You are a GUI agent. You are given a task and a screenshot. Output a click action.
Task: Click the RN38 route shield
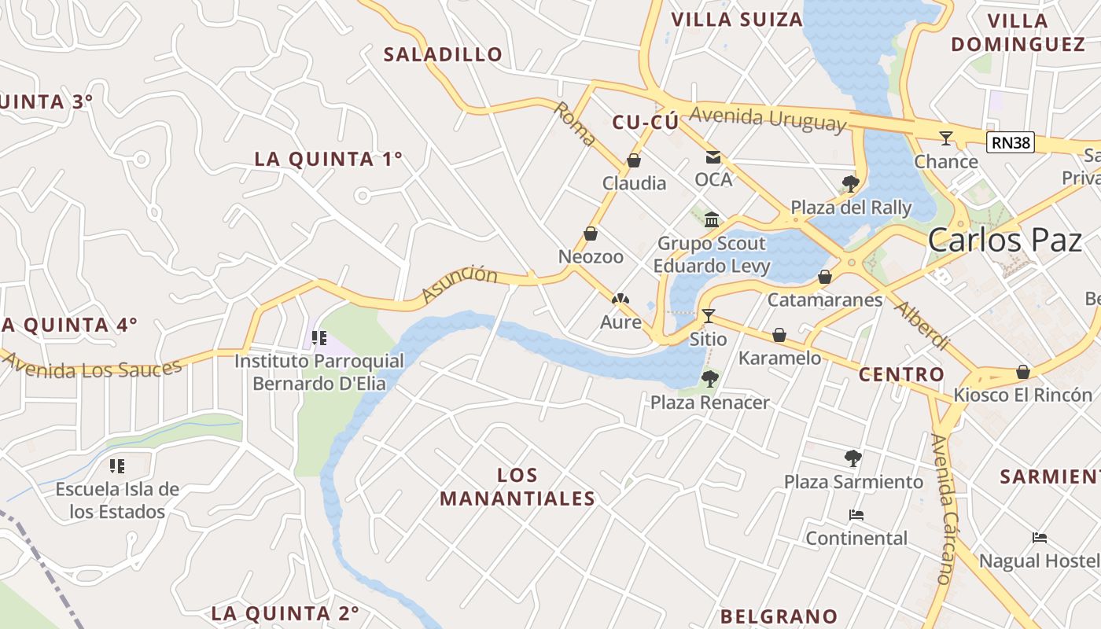1010,142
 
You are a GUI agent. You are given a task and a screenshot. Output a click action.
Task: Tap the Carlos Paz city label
1005,240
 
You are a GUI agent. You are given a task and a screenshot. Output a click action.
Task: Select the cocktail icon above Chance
945,138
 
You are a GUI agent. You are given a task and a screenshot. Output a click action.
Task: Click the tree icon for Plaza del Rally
850,184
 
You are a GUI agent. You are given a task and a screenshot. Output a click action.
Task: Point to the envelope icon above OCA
713,157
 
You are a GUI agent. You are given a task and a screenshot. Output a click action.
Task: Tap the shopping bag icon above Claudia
634,160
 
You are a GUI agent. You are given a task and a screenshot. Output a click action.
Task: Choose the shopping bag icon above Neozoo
591,234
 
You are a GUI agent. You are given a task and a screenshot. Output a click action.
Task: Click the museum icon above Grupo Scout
713,219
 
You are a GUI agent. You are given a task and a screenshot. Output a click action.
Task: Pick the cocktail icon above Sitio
709,316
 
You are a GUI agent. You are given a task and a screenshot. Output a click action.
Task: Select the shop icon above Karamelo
779,336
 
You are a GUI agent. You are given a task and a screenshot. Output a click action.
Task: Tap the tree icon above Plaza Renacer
709,379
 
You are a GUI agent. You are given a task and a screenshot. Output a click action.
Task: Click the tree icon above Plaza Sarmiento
853,458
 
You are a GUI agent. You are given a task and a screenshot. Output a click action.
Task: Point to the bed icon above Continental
856,516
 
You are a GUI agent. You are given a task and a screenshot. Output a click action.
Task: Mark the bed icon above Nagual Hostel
1040,538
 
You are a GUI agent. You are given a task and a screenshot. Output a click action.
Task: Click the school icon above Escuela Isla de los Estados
117,466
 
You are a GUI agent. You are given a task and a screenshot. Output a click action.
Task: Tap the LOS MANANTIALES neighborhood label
517,487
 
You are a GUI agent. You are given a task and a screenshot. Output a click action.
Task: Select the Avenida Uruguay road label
768,119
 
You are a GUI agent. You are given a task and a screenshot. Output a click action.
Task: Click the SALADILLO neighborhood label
443,54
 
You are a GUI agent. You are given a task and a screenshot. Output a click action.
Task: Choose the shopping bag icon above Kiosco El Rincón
1023,372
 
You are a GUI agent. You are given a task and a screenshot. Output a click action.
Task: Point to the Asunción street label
460,284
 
